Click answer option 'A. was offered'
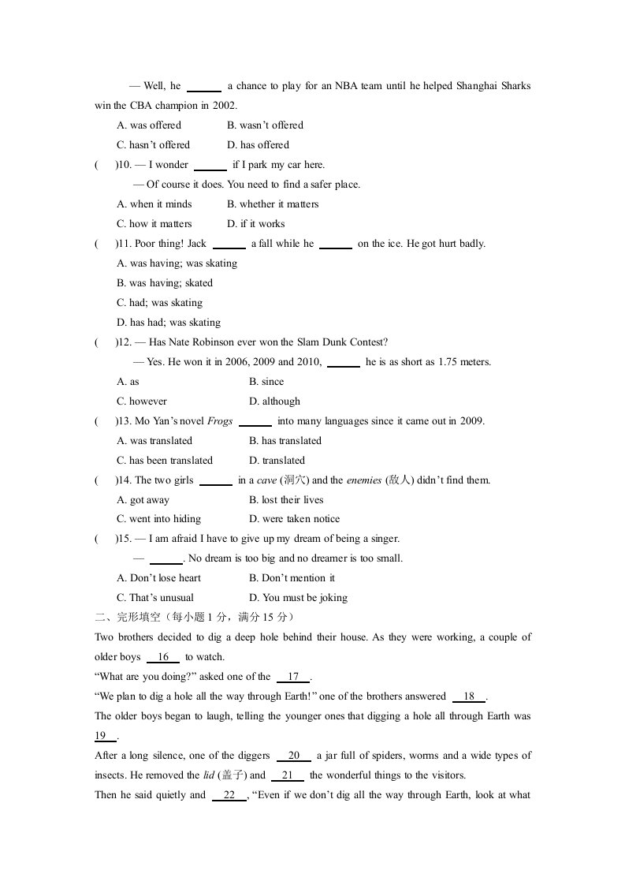click(149, 125)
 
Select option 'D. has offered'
click(258, 145)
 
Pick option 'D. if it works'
click(255, 224)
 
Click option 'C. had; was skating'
click(159, 303)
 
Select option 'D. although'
click(274, 401)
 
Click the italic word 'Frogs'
click(220, 421)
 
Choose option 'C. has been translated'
click(165, 461)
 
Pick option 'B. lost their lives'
click(286, 500)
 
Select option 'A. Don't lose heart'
click(158, 578)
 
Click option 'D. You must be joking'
click(298, 598)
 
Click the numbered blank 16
click(164, 657)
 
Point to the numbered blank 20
click(294, 756)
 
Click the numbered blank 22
click(229, 795)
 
